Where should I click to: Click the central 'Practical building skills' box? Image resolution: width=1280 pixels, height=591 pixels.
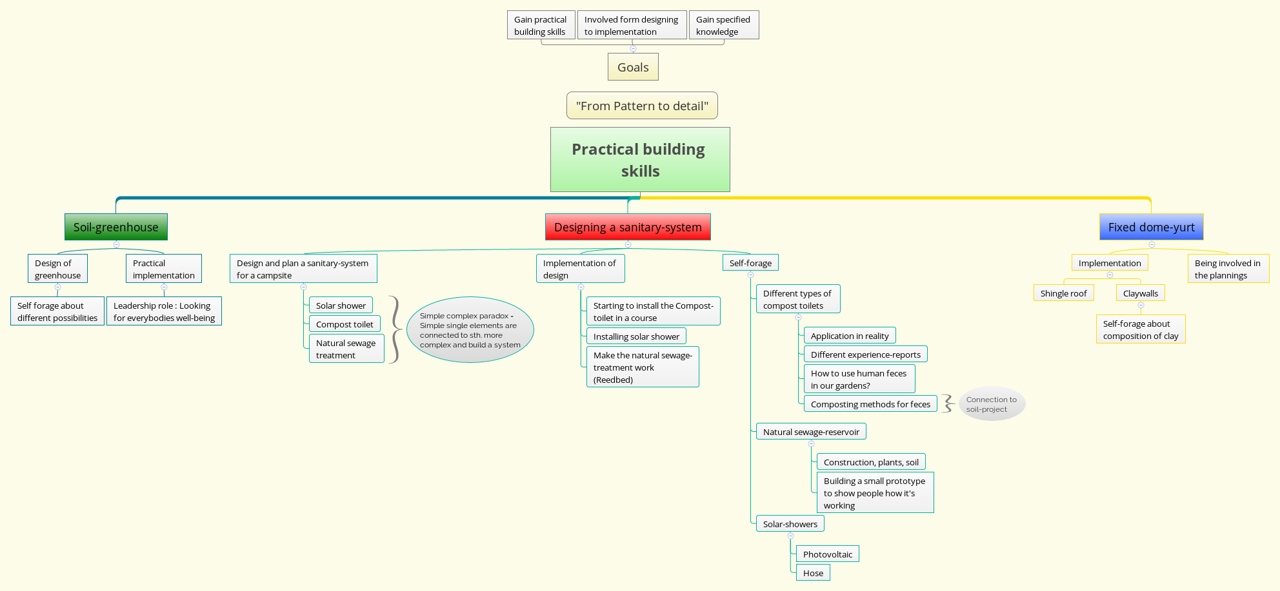639,159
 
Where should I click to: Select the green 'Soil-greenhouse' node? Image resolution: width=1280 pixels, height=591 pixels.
116,227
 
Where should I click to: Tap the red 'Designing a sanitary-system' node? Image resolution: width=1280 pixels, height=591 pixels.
628,227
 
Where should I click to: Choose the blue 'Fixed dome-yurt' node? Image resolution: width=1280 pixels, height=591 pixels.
1151,227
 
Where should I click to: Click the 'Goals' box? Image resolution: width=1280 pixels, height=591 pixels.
633,67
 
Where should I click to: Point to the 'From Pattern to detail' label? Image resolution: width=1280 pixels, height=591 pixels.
642,106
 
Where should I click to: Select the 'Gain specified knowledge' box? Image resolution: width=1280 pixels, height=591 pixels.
723,25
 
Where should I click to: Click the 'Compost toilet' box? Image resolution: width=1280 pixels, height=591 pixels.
345,324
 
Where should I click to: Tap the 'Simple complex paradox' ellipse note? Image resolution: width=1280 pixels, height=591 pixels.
470,330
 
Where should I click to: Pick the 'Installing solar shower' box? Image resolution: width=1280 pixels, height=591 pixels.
636,336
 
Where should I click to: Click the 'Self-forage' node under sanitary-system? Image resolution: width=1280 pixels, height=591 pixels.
750,263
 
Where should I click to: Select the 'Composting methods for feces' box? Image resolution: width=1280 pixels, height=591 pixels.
870,404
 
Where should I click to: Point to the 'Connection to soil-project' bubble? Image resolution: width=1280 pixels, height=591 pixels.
992,404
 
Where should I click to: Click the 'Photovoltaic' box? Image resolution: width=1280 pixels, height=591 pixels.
827,554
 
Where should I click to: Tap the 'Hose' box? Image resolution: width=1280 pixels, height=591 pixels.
813,573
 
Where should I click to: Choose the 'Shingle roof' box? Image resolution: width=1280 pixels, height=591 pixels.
1063,293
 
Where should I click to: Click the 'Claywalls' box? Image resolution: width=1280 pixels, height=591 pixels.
1140,293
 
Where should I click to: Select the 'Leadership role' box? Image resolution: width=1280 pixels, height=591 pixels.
164,311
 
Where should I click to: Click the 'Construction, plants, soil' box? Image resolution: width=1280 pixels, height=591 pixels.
871,462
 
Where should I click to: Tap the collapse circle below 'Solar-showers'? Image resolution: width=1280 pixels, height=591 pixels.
790,536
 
